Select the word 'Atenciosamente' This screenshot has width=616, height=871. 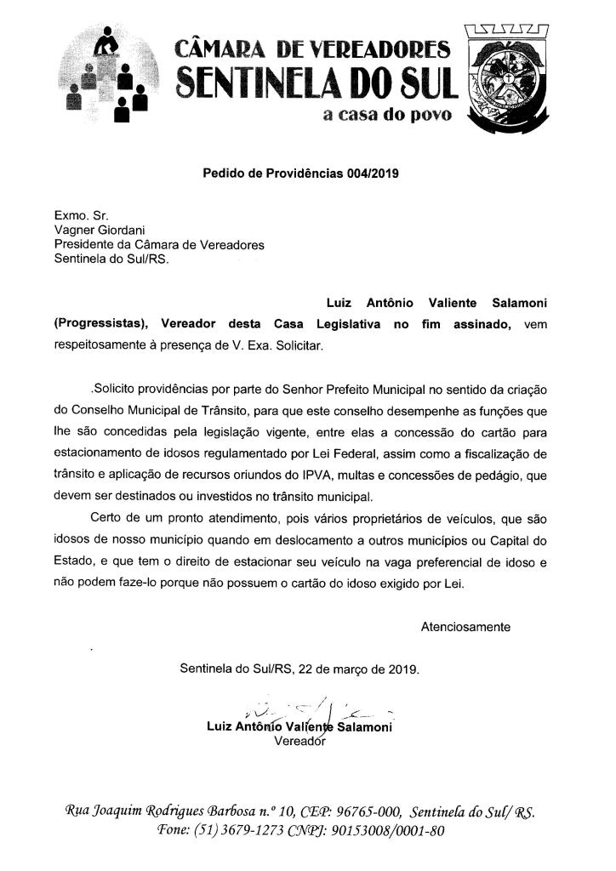465,627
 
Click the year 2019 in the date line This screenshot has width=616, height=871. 400,669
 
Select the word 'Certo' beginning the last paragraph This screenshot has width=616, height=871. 106,518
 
